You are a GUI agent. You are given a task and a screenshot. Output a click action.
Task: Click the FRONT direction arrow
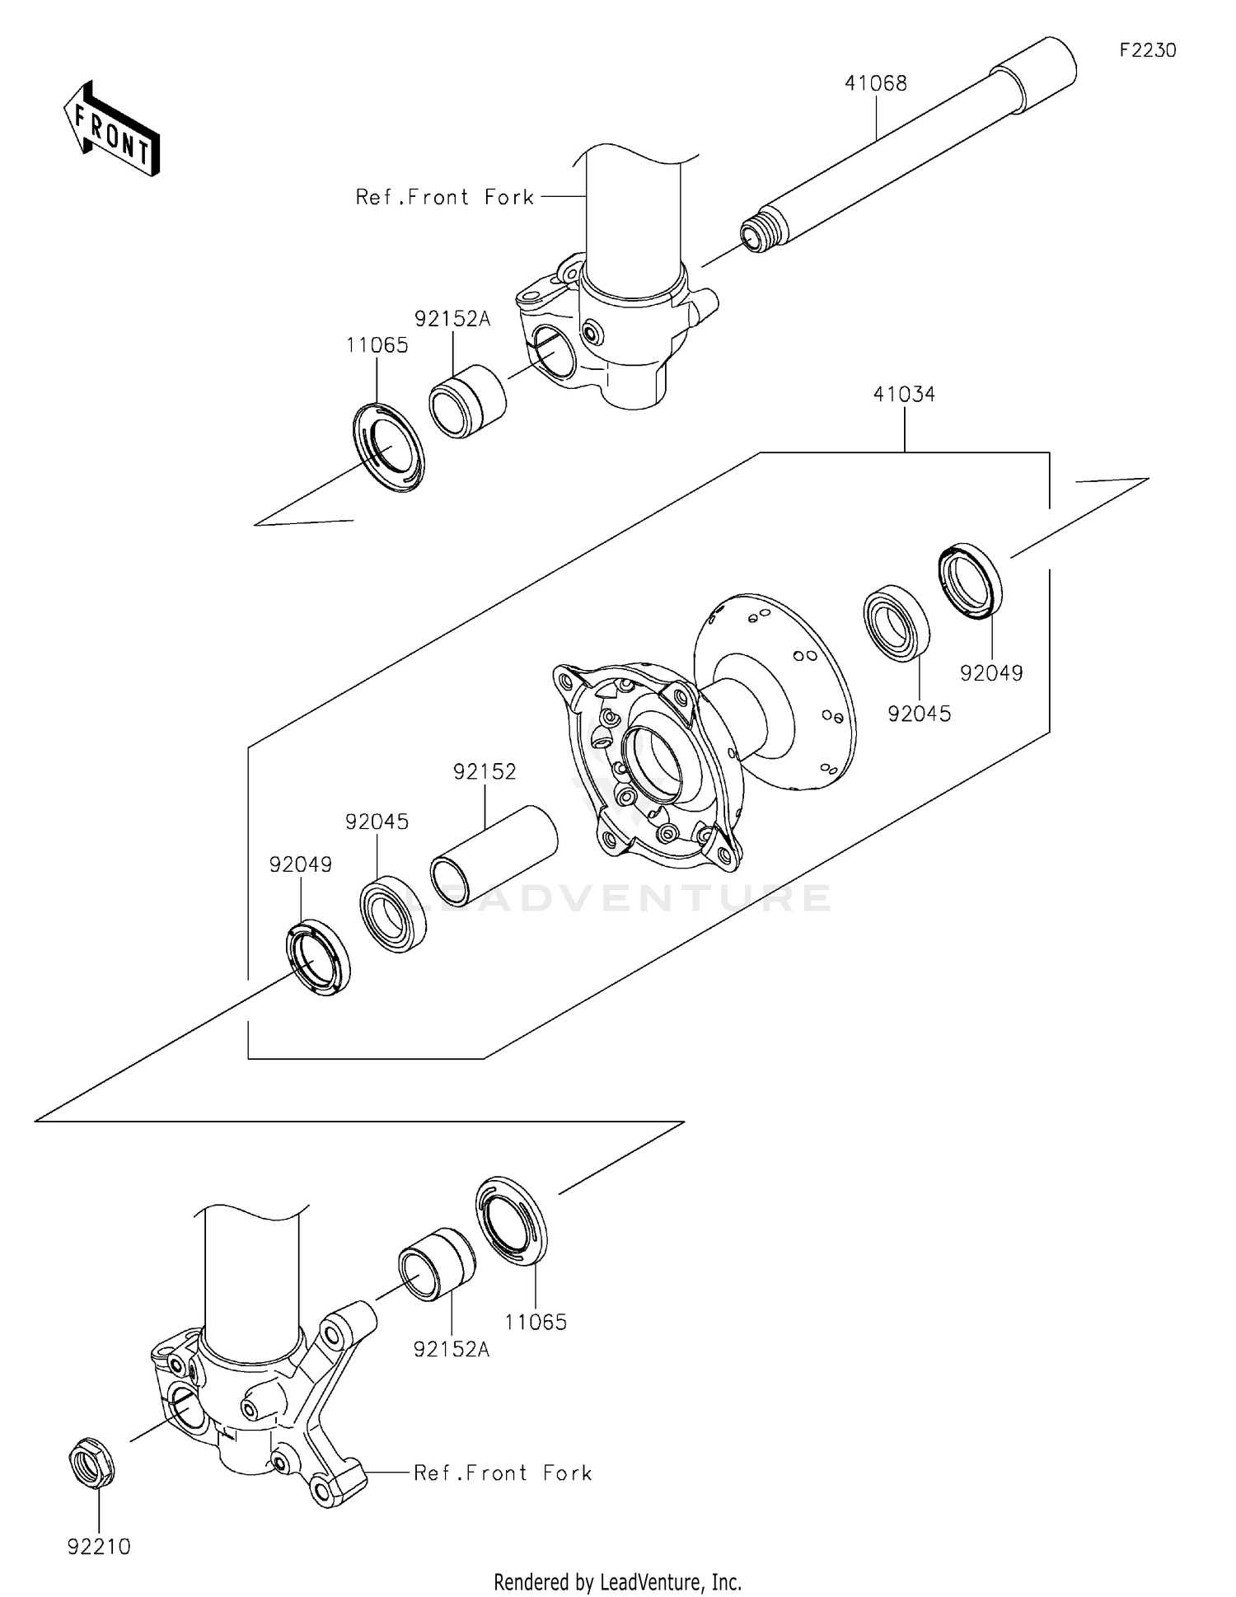coord(111,130)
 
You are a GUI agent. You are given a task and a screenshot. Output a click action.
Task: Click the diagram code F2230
coord(1147,50)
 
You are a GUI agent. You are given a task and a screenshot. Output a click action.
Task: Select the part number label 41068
coord(875,83)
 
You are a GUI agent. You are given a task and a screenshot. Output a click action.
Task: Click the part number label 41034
coord(904,395)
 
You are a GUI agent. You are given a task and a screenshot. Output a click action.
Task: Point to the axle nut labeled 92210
coord(91,1463)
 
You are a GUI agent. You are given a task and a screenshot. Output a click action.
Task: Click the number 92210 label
coord(99,1547)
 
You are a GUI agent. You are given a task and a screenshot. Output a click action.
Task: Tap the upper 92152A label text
coord(452,319)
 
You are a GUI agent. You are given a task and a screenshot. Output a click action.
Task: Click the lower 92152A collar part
coord(436,1265)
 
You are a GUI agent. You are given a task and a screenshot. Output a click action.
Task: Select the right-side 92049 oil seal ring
coord(971,581)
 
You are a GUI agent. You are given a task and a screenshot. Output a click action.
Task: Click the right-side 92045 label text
coord(919,714)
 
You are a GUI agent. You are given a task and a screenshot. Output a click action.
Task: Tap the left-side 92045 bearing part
coord(393,915)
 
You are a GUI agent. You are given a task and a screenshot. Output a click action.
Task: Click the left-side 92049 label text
coord(301,865)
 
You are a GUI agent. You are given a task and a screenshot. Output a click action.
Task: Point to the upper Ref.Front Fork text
coord(445,198)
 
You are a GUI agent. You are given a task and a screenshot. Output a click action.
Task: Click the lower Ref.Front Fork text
coord(503,1473)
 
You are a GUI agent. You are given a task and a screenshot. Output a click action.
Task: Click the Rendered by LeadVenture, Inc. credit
coord(617,1581)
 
